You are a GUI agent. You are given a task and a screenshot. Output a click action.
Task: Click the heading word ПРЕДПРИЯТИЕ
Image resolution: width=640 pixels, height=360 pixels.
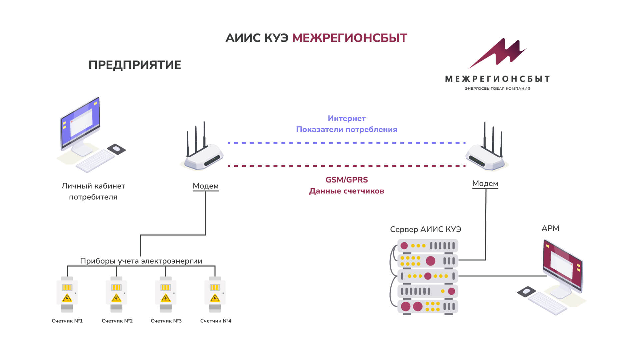135,65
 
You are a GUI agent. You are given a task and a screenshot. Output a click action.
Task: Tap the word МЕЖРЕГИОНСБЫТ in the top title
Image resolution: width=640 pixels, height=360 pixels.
350,38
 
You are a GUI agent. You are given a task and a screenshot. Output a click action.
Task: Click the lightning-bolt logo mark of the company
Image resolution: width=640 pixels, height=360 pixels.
497,53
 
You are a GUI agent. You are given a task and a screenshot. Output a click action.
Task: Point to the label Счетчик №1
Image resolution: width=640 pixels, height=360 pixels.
67,321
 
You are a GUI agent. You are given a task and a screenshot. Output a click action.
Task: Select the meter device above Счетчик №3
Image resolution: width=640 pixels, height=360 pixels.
166,294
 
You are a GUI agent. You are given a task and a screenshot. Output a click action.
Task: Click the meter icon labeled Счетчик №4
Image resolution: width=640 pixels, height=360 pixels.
215,294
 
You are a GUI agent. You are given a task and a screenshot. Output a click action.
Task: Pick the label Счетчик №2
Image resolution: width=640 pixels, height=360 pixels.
117,321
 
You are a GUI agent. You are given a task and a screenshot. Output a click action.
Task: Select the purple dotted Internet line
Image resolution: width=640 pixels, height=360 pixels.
347,143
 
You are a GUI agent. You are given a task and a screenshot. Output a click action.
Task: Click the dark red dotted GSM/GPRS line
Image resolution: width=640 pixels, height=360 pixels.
347,166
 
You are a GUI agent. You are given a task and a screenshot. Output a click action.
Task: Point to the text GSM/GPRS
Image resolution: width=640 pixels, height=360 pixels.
347,180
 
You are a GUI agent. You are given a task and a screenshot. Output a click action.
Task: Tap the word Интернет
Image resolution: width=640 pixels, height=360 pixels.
347,118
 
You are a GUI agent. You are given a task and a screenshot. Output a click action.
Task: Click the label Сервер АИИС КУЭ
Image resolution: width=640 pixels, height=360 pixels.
426,229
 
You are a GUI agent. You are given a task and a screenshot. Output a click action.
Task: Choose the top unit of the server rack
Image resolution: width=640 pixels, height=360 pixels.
428,246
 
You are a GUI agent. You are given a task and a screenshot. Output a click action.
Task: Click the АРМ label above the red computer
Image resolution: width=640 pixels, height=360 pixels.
550,228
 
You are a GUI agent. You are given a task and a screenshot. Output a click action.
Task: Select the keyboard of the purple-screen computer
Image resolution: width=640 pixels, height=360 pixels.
95,161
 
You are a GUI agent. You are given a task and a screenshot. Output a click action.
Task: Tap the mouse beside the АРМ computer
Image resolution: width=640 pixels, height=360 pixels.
526,292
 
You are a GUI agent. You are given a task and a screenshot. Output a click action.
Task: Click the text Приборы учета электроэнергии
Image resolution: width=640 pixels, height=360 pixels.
141,261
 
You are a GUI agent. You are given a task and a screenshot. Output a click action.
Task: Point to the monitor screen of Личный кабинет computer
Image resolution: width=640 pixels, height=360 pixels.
80,122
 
